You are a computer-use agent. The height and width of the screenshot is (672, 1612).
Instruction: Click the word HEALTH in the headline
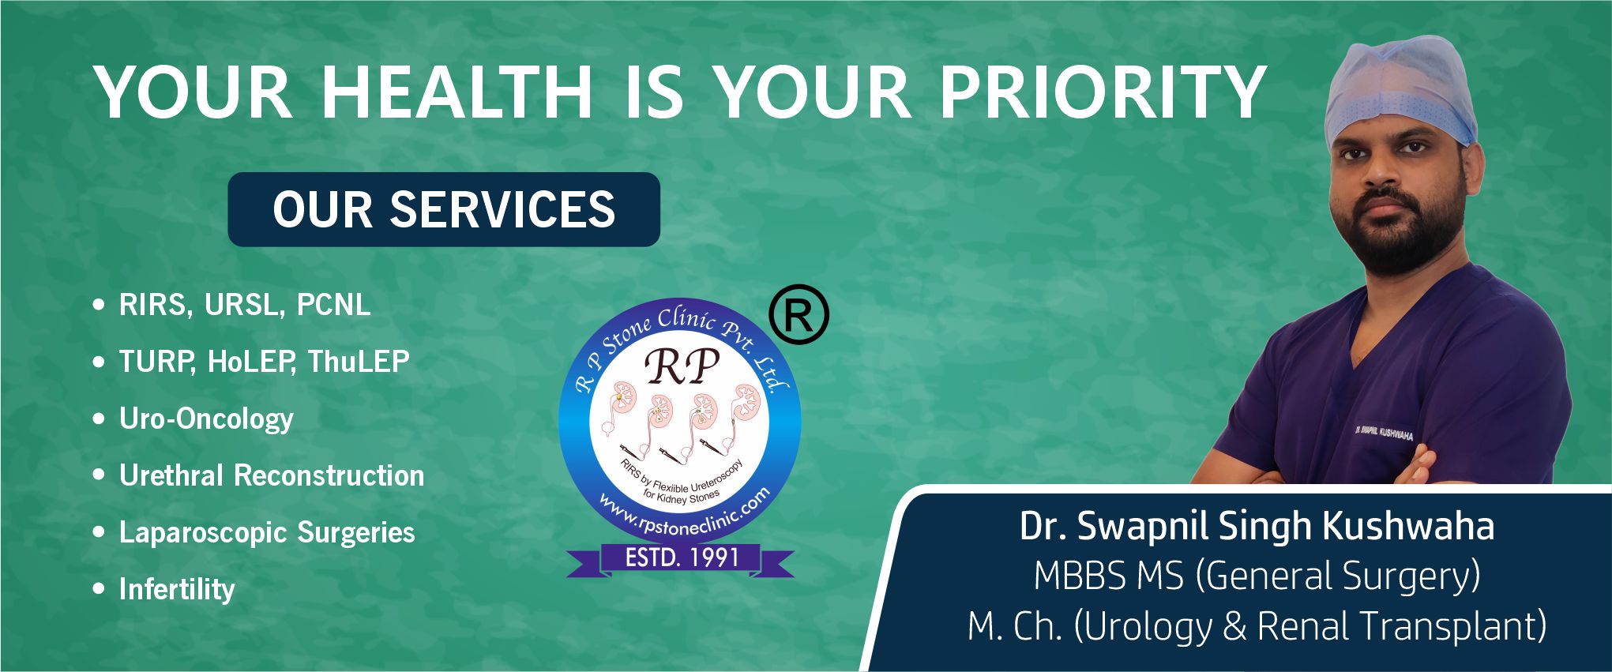pos(457,92)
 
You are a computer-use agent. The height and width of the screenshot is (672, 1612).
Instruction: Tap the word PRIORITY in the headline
pos(1103,92)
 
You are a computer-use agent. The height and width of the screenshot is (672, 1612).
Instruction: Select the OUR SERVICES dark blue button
pos(444,209)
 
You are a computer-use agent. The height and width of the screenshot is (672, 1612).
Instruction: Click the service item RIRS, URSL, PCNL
pos(245,306)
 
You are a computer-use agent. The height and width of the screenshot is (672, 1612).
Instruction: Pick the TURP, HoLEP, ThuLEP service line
pos(265,362)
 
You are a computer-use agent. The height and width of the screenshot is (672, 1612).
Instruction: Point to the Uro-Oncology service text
pos(206,419)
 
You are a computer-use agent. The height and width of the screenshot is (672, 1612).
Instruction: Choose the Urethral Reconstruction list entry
pos(272,475)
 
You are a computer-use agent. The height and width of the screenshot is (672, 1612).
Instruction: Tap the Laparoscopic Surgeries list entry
pos(267,533)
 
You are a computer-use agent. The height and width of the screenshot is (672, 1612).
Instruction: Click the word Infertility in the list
pos(177,590)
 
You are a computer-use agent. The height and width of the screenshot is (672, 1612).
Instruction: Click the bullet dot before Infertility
pos(99,589)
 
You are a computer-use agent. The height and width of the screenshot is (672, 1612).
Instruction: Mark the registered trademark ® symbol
pos(798,315)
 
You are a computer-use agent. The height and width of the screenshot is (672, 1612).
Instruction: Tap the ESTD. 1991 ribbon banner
pos(681,558)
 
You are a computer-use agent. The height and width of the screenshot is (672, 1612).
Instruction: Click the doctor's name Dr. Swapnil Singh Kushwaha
pos(1257,526)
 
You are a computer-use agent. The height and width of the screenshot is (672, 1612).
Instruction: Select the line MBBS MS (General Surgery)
pos(1257,576)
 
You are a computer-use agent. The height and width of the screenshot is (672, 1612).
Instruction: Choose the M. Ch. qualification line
pos(1257,626)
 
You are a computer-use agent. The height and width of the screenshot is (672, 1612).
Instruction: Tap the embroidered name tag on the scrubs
pos(1383,433)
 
